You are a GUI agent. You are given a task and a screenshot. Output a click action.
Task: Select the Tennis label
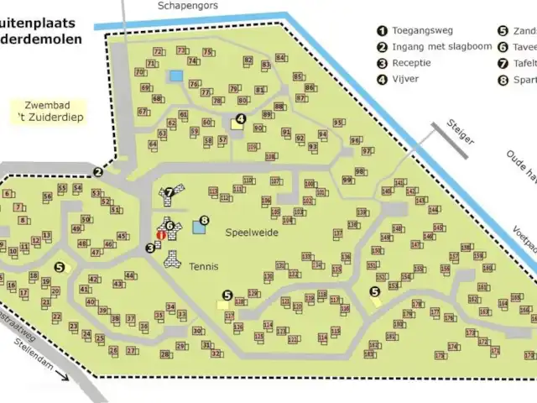[204, 267]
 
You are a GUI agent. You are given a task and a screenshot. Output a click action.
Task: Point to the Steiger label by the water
[461, 128]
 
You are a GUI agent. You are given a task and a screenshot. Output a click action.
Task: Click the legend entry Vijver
[404, 79]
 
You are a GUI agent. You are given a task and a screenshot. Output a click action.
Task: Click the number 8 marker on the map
[203, 220]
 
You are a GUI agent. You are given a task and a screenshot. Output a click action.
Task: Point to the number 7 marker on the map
[169, 192]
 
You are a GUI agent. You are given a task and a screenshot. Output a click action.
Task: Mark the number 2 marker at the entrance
[98, 173]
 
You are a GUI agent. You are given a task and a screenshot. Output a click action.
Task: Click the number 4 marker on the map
[241, 119]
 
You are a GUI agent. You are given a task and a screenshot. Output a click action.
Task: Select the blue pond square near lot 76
[175, 76]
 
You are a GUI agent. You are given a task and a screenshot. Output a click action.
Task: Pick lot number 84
[280, 57]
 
